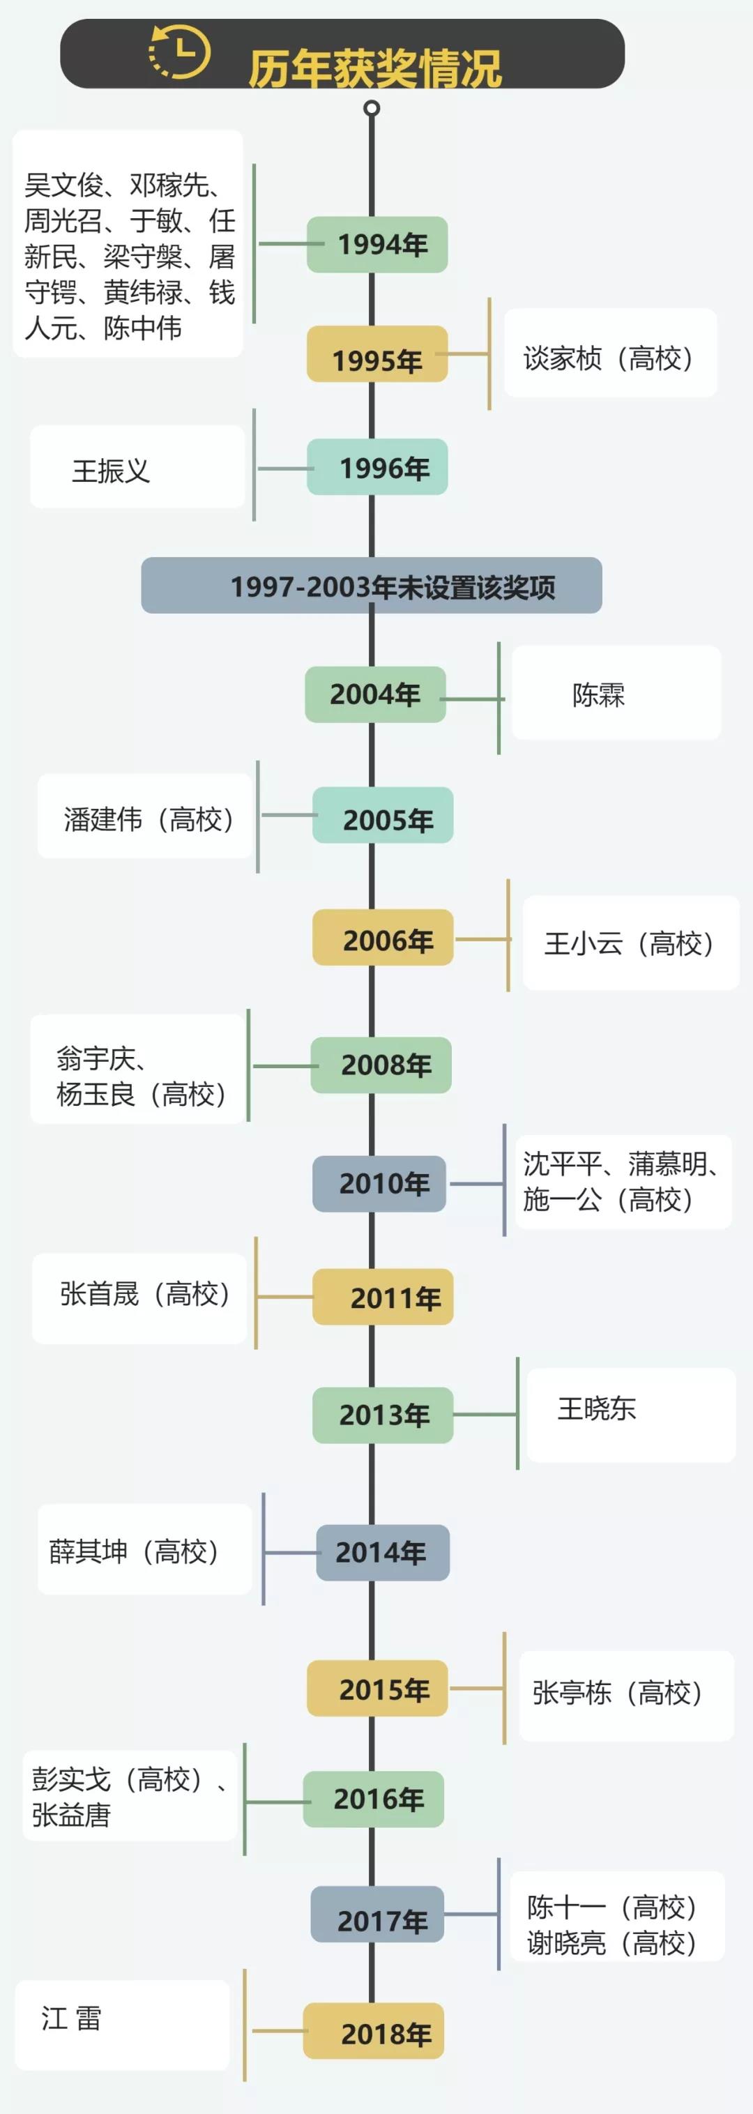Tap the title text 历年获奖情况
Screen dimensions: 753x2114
pos(375,68)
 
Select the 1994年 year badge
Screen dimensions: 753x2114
pos(377,245)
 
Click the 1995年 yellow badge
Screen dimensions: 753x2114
pos(377,353)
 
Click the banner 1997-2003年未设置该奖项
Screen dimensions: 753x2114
pos(372,585)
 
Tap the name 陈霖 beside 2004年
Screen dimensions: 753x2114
pos(599,695)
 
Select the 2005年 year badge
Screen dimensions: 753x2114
pos(383,815)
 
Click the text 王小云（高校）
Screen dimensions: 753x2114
pos(629,944)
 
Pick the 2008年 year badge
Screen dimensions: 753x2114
pos(381,1065)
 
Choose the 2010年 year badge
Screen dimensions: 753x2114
pos(380,1183)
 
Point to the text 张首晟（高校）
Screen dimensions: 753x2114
pos(144,1294)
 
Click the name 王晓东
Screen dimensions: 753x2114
pos(597,1409)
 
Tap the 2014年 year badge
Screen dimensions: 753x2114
pos(383,1553)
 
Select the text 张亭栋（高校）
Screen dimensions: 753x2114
pos(618,1693)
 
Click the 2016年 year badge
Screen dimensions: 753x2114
pos(374,1799)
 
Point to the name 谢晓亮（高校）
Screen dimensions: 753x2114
pos(612,1942)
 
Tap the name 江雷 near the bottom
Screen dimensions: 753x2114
pos(71,2018)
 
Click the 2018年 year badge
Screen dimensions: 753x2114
pos(374,2030)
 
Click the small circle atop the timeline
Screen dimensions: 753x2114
pos(372,108)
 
